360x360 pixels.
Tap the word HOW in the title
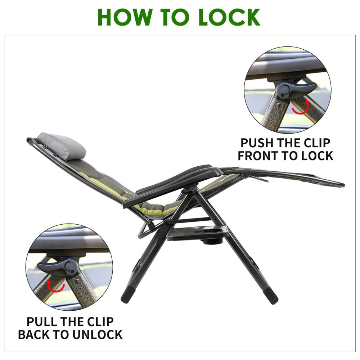click(x=125, y=17)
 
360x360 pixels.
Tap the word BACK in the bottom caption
click(x=35, y=334)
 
